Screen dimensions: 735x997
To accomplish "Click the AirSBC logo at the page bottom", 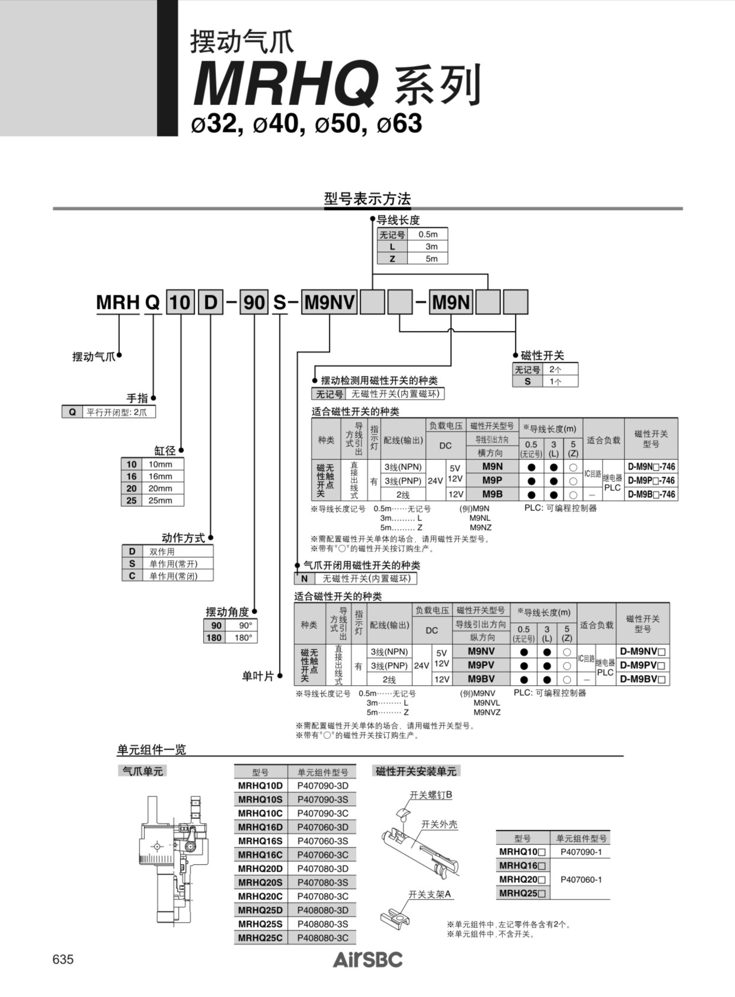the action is point(367,960).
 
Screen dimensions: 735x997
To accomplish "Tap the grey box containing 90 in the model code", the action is point(254,302).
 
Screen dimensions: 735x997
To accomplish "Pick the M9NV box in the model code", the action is point(329,302).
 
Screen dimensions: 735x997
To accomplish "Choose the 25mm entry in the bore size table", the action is point(160,500).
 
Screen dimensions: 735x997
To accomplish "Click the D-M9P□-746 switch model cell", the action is point(651,480).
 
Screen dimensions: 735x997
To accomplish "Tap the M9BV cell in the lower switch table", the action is point(481,679).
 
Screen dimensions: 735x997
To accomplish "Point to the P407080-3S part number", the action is point(322,882).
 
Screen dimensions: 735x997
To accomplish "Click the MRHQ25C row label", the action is point(260,938).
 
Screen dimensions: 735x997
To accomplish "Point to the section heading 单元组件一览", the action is point(151,750).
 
